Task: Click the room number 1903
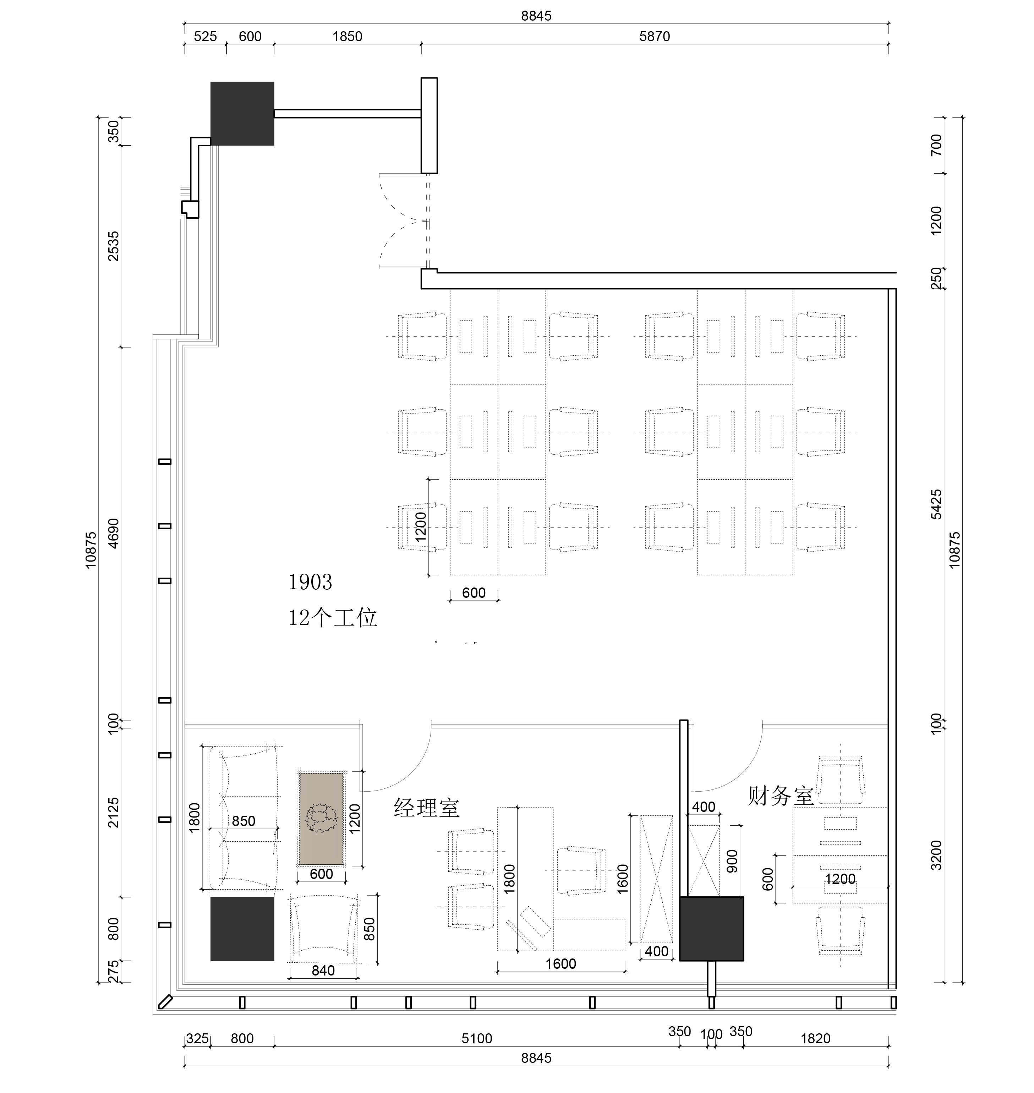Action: [310, 582]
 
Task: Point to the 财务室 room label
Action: [781, 796]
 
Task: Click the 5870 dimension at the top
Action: [655, 36]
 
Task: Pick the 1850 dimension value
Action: [347, 36]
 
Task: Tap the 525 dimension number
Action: [205, 36]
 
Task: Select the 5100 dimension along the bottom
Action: [477, 1038]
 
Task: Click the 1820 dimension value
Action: [815, 1038]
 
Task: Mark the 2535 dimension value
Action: [113, 246]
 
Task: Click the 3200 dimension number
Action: [936, 855]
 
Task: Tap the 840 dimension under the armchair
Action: [323, 971]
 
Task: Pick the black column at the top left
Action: [242, 114]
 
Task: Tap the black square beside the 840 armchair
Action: [242, 929]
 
